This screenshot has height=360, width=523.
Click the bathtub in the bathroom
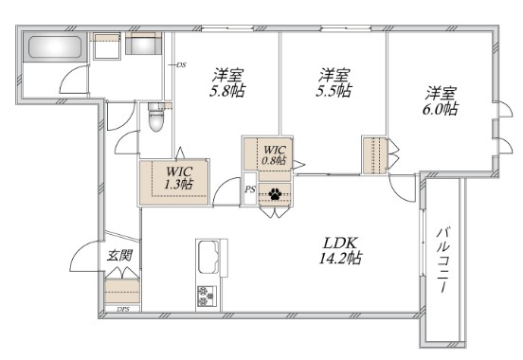coord(55,46)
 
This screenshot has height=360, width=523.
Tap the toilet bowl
coord(155,117)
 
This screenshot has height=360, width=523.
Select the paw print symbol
coord(275,194)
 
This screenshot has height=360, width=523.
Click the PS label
coord(250,189)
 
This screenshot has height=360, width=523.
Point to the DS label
coord(181,65)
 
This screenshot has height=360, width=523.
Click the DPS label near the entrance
coord(123,309)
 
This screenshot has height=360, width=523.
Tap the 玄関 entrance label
coord(119,256)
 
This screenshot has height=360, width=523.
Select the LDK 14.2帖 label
coord(340,250)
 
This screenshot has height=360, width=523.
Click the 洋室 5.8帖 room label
coord(227,83)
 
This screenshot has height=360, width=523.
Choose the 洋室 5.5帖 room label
coord(334,83)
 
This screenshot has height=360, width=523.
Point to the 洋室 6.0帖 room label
coord(441,101)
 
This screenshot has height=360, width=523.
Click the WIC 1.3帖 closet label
coord(179,178)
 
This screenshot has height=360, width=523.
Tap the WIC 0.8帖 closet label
coord(274,155)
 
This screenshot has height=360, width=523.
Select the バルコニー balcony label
coord(444,260)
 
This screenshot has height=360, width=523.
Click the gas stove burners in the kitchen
coord(206,297)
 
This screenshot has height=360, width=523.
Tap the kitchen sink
coord(208,258)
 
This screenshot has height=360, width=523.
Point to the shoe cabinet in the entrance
coord(122,291)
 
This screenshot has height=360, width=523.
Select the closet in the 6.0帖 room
coord(374,155)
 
